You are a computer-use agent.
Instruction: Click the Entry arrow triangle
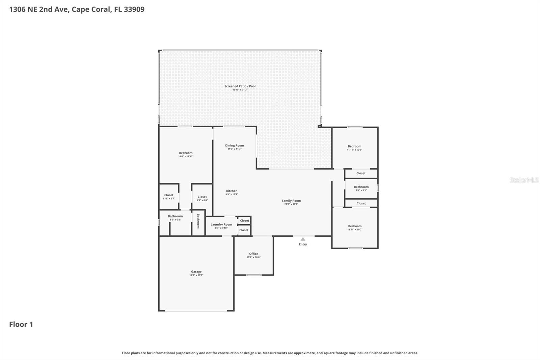303,239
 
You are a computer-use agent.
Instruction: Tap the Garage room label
196,272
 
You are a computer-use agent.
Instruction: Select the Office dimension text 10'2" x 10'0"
253,257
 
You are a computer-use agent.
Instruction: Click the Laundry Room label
221,225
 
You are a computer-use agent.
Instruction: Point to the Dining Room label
235,146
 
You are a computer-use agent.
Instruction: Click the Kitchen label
232,191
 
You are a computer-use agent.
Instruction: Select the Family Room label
291,201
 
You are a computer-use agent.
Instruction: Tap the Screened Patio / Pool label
240,86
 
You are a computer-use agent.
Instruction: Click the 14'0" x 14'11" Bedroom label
186,153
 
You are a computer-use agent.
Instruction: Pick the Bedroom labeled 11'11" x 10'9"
354,147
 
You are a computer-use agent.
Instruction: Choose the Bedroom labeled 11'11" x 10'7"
355,226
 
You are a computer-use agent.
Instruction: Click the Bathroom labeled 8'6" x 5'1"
361,187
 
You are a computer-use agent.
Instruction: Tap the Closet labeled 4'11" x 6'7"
169,195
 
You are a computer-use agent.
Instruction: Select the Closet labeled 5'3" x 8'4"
202,197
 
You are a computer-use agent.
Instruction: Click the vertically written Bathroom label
198,221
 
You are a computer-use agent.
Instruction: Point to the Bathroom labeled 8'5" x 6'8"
175,216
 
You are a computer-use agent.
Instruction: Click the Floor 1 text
21,324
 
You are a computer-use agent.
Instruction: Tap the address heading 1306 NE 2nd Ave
77,9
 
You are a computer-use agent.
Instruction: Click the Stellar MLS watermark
524,180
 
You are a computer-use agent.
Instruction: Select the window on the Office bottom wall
253,275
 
